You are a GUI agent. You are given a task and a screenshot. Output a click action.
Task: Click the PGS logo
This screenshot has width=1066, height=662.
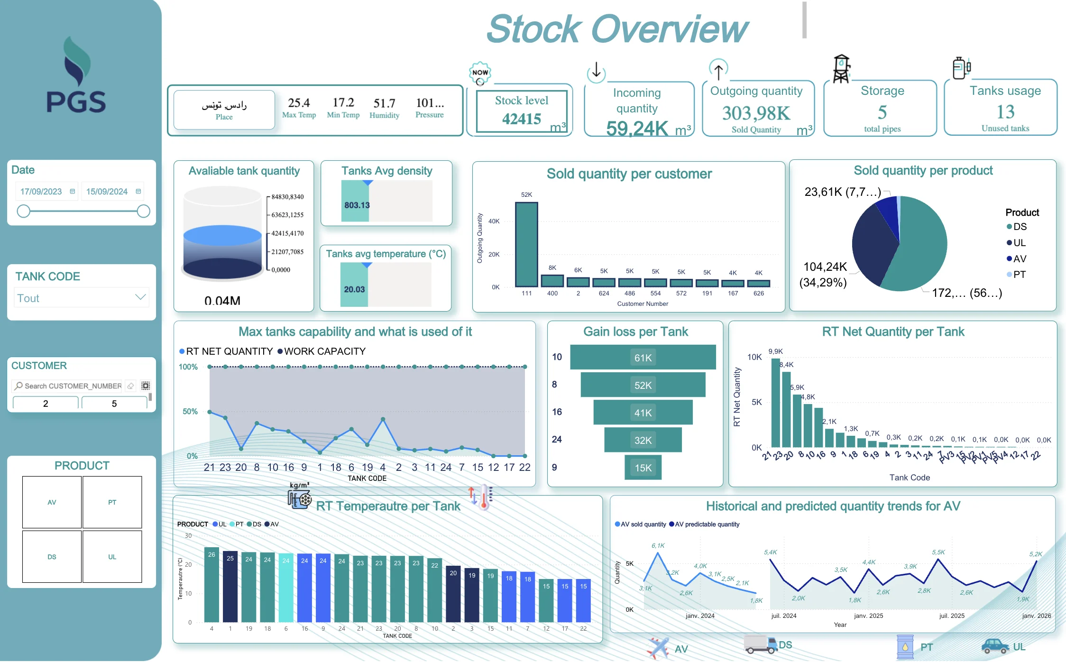coord(76,76)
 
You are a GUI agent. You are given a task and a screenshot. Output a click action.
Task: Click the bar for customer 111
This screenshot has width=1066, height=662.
coord(526,244)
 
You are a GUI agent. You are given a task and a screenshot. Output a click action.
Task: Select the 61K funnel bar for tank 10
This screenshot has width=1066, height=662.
coord(643,358)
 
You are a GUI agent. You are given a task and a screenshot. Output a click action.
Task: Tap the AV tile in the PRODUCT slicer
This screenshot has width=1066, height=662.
coord(52,502)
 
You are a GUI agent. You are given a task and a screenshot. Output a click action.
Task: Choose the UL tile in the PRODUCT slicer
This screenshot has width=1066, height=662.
coord(112,557)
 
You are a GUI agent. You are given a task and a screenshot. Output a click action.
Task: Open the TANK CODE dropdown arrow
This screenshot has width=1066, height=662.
coord(140,297)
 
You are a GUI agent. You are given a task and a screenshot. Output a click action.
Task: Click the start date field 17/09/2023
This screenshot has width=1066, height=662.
coord(41,192)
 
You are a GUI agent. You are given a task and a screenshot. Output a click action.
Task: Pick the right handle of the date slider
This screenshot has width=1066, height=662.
coord(143,211)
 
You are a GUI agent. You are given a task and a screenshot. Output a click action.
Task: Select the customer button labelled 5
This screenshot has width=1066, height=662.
coord(114,404)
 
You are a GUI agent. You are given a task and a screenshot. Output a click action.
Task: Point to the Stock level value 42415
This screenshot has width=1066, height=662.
coord(522,119)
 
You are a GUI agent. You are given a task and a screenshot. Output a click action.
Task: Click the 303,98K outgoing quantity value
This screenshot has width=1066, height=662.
coord(756,113)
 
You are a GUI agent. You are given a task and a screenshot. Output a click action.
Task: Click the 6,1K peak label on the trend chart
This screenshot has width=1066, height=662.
coord(658,545)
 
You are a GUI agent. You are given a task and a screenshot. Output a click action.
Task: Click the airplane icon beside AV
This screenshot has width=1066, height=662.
coord(657,648)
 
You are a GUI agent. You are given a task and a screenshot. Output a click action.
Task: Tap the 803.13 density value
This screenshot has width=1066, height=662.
coord(357,205)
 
